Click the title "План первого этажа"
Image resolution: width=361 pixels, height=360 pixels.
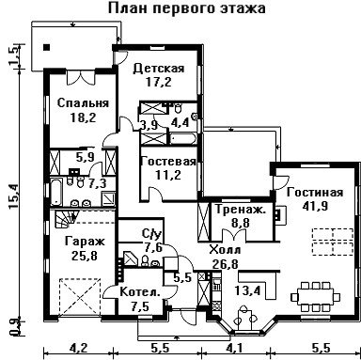coord(187,8)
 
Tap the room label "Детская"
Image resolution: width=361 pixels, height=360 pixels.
coord(159,68)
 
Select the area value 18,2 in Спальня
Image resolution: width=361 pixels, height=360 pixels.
coord(83,117)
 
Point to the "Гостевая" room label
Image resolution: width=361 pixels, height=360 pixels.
coord(168,162)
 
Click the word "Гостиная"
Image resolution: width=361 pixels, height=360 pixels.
coord(315,192)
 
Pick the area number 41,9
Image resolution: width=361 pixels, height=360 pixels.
coord(315,206)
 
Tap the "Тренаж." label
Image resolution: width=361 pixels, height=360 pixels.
coord(241,210)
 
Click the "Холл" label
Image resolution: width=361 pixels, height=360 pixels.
coord(226,250)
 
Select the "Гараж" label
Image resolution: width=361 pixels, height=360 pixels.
coord(85,242)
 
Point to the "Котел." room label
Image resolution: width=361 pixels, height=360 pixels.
coord(140,292)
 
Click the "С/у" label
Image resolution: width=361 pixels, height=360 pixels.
coord(151,234)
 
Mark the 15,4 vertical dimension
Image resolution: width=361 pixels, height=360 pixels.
coord(14,196)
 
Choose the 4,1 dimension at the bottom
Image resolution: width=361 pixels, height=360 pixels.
coord(235,348)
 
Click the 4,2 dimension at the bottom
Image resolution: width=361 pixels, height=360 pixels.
coord(78,348)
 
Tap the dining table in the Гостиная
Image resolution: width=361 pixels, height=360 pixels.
coord(316,297)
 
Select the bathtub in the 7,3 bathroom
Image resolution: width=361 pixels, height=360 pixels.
coord(56,192)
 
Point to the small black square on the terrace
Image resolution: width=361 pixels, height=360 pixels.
coord(47,48)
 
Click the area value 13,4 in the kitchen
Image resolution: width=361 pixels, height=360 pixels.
coord(248,291)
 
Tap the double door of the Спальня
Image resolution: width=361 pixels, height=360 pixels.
coord(81,77)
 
